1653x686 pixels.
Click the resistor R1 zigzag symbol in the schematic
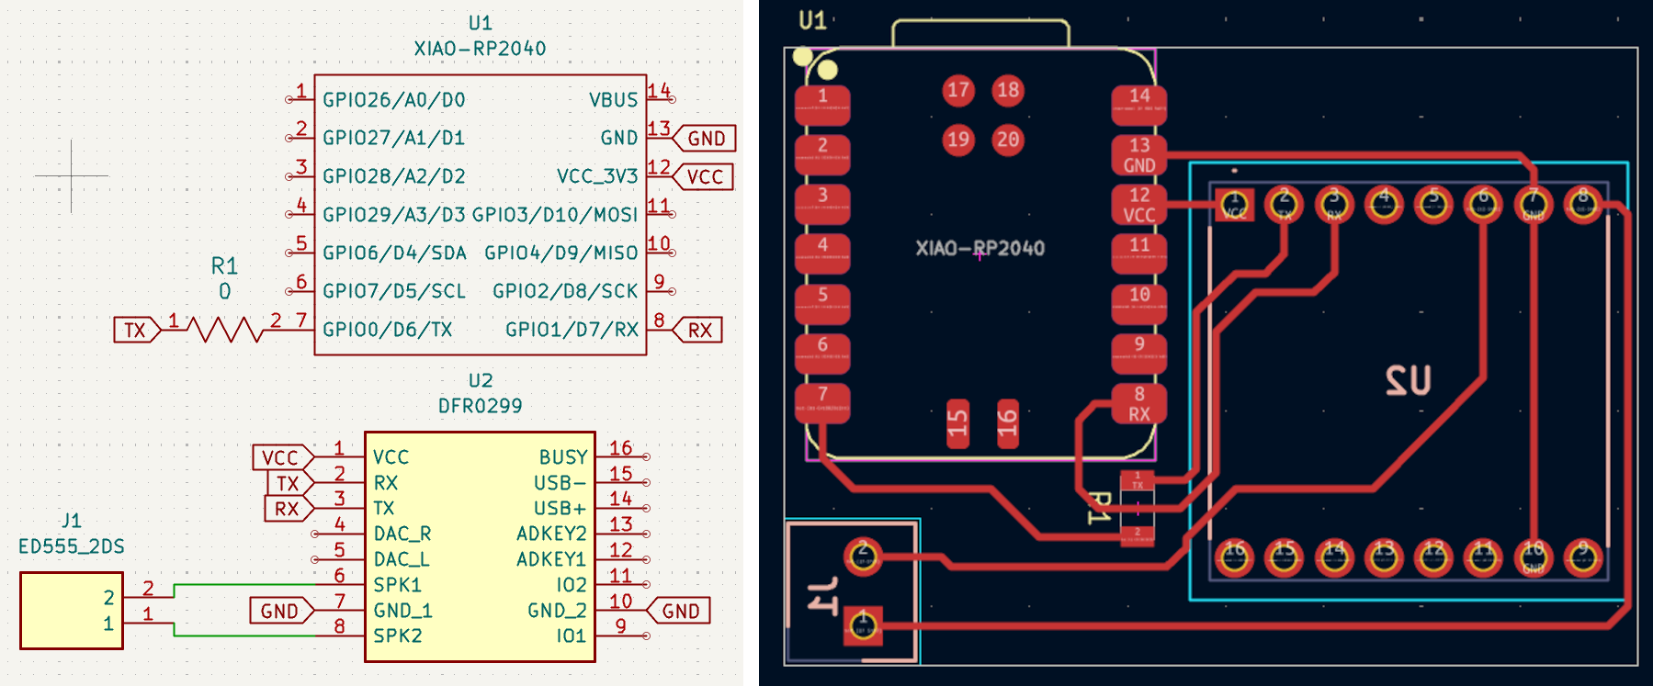click(224, 329)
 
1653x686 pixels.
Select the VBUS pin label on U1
click(613, 100)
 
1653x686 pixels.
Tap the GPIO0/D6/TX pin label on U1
click(387, 330)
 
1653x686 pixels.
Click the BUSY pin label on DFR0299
click(562, 457)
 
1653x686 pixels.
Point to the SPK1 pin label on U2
click(397, 585)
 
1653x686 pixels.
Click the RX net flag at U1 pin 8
click(698, 330)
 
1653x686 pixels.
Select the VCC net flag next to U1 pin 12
click(704, 176)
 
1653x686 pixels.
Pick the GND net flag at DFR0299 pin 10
click(680, 611)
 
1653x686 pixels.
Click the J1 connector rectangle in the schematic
click(72, 611)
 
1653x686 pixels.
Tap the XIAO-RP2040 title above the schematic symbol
click(480, 49)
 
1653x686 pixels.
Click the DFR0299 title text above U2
click(480, 406)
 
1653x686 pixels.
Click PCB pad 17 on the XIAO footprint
click(958, 90)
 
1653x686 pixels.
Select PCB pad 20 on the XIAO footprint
click(1008, 140)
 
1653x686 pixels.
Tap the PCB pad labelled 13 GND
click(1139, 155)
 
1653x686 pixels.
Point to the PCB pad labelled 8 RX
click(1139, 403)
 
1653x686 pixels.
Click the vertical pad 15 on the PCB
click(957, 422)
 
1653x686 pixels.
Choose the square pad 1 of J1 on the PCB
click(863, 625)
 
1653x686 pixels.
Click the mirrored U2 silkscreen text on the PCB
click(1408, 380)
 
